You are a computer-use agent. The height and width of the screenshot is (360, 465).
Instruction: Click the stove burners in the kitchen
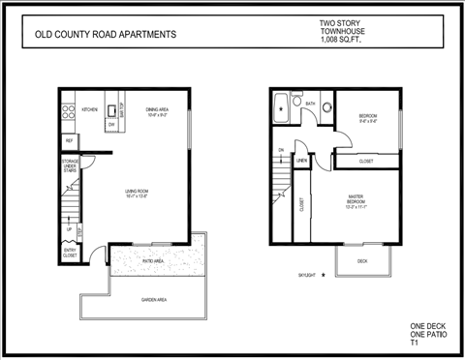point(69,111)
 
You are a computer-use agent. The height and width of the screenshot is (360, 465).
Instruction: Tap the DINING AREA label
point(159,109)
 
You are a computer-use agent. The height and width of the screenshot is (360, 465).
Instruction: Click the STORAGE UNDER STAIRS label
point(70,166)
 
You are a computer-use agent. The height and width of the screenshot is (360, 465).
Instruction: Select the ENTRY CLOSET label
point(70,254)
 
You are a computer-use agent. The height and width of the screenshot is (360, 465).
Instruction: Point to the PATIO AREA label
point(153,260)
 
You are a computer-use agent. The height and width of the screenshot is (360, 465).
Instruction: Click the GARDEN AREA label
point(154,300)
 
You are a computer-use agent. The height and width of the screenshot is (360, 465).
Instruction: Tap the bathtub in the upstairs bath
point(283,109)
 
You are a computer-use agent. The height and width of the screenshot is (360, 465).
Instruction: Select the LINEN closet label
point(301,160)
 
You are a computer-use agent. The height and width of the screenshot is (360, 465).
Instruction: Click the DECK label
point(362,261)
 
